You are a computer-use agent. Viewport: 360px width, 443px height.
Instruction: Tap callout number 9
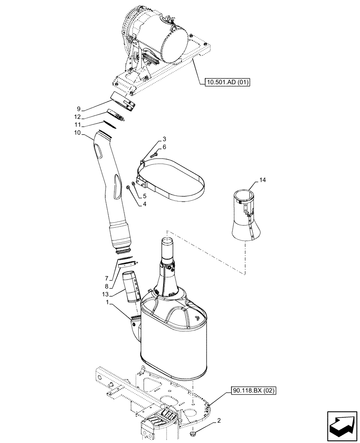coord(78,109)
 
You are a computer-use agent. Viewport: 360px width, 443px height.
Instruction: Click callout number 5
coord(145,195)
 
